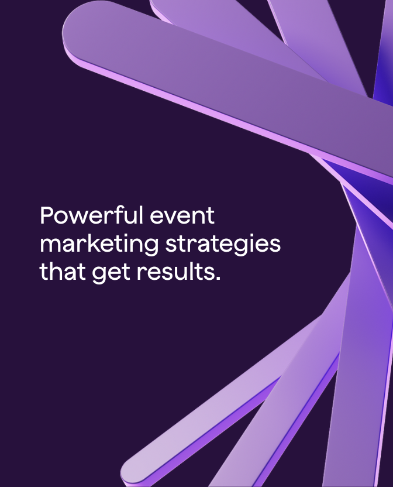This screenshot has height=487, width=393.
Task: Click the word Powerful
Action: click(x=91, y=217)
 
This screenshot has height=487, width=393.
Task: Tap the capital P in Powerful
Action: click(x=47, y=216)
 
